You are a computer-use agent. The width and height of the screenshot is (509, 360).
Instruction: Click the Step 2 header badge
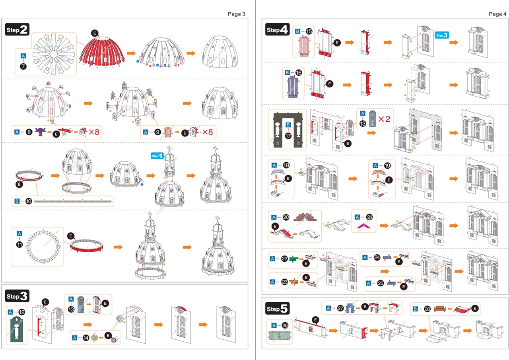[x=17, y=29]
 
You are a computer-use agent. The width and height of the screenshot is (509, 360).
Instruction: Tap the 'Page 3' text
[x=236, y=14]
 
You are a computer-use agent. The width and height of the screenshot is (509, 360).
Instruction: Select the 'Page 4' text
[x=497, y=14]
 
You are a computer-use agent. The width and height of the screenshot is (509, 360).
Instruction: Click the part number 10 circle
[x=29, y=201]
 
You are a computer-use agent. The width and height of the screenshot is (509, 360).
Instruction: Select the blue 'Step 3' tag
[x=442, y=35]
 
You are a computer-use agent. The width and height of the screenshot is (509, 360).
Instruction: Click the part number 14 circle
[x=86, y=338]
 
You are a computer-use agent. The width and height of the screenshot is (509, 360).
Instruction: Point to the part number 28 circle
[x=427, y=309]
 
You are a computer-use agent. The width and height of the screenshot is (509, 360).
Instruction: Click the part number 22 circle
[x=285, y=259]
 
